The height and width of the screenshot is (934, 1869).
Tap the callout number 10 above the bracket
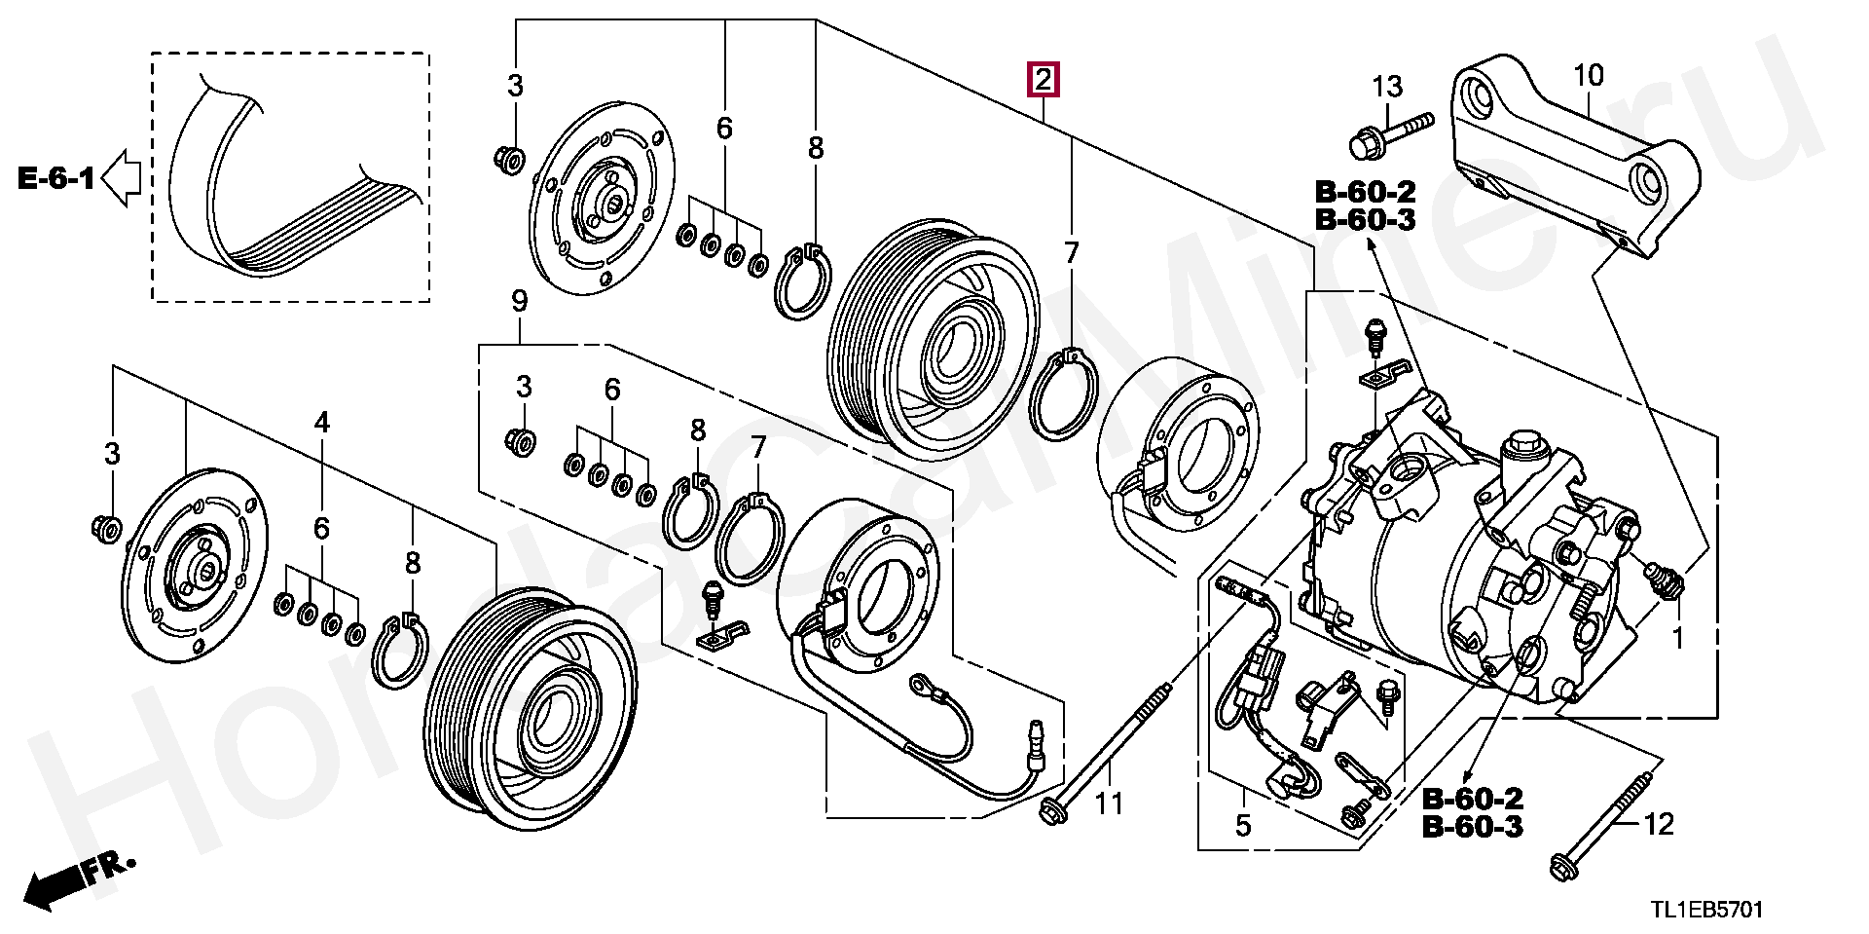coord(1588,75)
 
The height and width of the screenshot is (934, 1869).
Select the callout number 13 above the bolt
coord(1387,87)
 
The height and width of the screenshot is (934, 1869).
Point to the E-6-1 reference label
coord(57,178)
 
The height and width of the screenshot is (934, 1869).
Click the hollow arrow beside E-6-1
coord(122,178)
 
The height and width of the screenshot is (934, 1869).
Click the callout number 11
coord(1109,803)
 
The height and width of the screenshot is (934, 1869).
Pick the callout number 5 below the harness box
coord(1243,825)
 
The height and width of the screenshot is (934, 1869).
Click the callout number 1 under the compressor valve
coord(1677,639)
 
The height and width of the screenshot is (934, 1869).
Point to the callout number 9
coord(519,301)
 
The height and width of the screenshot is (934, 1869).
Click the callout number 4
coord(321,422)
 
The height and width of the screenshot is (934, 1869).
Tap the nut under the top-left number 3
coord(509,158)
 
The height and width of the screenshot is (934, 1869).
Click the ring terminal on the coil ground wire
coord(920,687)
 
